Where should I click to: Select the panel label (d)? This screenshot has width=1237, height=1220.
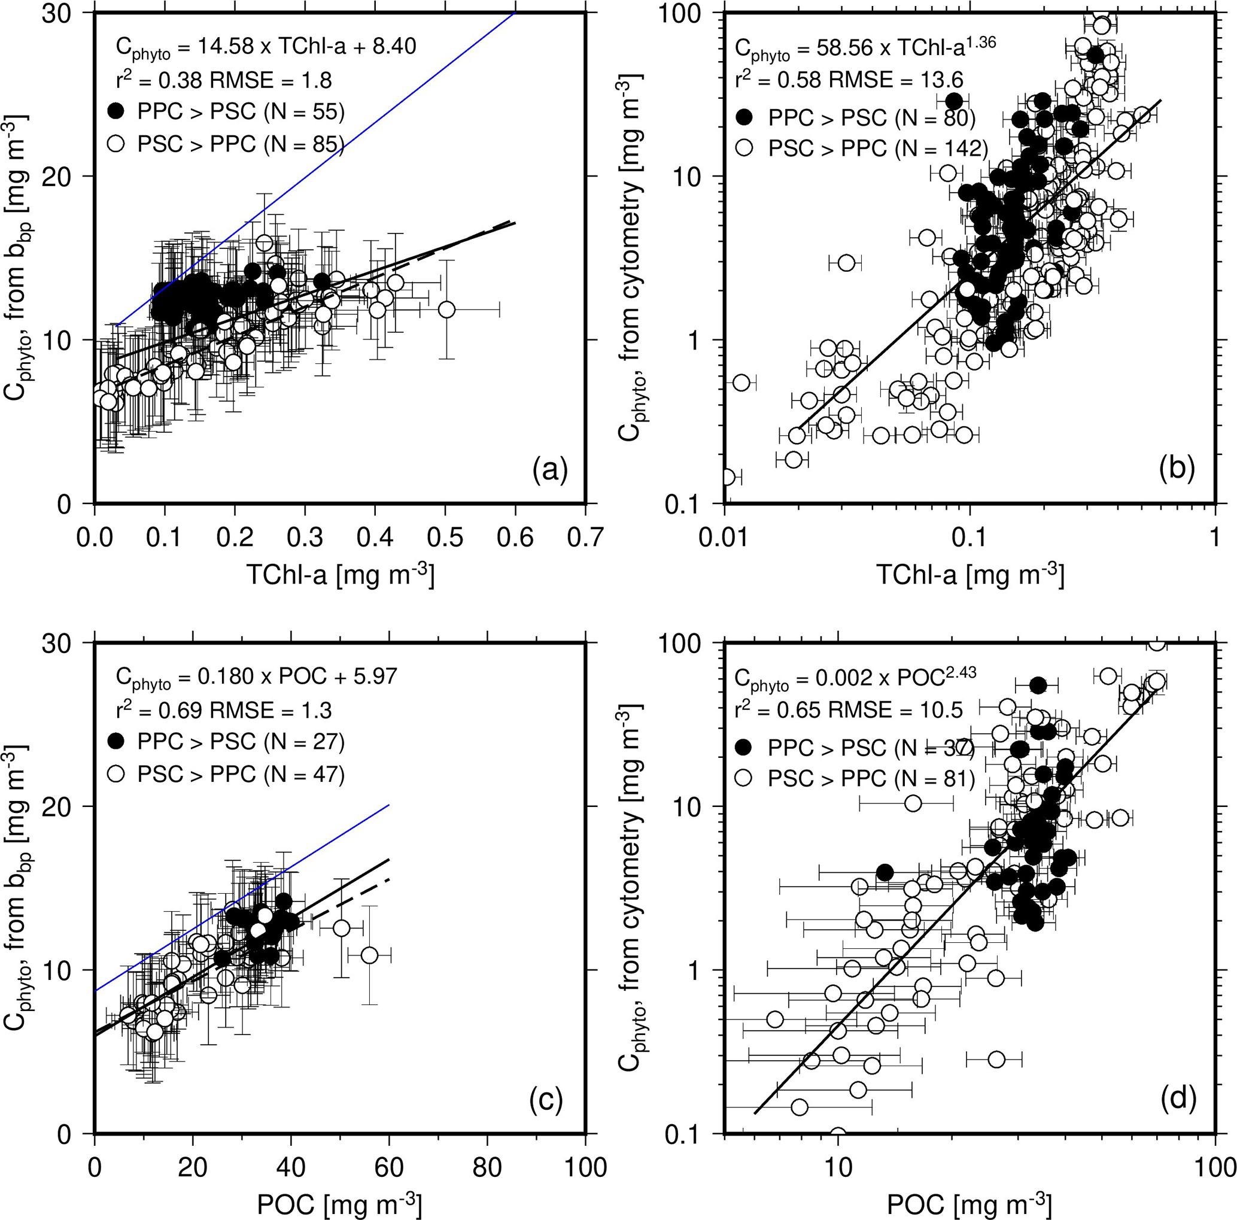[1178, 1100]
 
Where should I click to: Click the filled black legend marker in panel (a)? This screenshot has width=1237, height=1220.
[116, 111]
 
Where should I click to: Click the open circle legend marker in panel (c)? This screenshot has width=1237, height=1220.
[116, 774]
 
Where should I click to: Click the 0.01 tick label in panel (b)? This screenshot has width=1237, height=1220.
[725, 539]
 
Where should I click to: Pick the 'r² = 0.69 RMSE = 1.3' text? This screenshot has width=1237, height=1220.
[223, 709]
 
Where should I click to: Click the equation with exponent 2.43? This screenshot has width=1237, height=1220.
[855, 678]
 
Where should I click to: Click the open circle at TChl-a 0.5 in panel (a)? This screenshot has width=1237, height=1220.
[447, 310]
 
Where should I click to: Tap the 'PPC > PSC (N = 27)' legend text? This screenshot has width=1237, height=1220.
[241, 742]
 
